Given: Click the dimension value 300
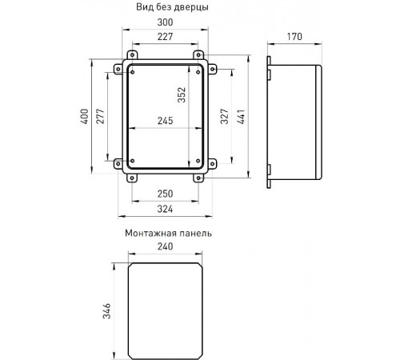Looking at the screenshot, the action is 165,22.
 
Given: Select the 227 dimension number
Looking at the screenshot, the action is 165,37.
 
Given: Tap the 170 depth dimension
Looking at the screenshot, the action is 294,37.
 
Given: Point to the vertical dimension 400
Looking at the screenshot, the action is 85,116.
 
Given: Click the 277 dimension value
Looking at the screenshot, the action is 101,116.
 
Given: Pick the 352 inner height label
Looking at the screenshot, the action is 182,95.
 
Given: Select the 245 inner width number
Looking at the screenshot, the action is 165,121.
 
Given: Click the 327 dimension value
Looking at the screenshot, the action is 225,116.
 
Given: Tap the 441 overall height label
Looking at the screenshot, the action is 241,117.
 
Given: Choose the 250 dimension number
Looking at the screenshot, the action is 165,194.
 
